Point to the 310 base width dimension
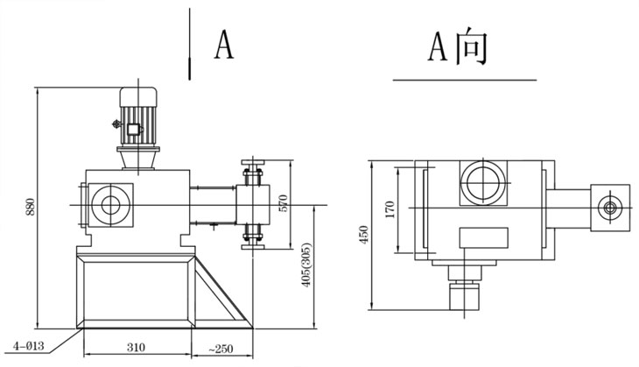136,348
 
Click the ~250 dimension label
220,348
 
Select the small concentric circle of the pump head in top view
608,208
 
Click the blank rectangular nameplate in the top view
482,237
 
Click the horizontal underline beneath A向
464,80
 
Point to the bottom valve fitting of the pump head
253,234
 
